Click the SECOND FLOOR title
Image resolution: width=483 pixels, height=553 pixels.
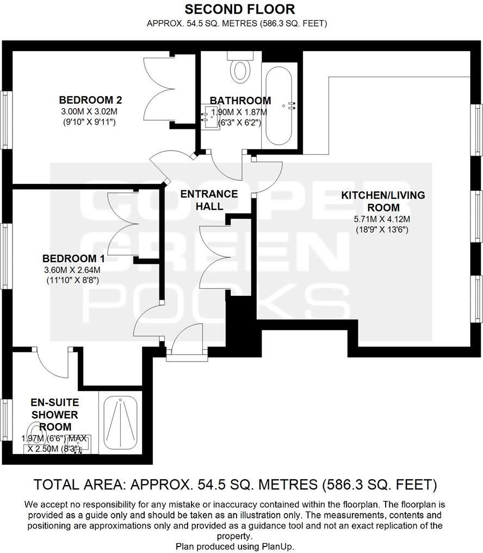[x=240, y=9]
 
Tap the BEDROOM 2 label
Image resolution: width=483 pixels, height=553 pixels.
[x=90, y=100]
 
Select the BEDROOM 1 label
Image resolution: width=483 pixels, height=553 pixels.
[x=73, y=258]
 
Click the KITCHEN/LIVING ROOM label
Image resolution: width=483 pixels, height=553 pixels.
[x=383, y=201]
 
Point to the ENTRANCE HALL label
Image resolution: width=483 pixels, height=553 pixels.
[x=209, y=200]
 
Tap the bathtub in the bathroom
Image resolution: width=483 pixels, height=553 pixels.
[x=280, y=103]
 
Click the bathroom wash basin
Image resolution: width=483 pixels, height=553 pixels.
[x=209, y=115]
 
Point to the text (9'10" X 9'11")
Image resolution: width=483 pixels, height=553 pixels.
[x=90, y=122]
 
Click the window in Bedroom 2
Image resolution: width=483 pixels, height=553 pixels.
[x=5, y=119]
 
